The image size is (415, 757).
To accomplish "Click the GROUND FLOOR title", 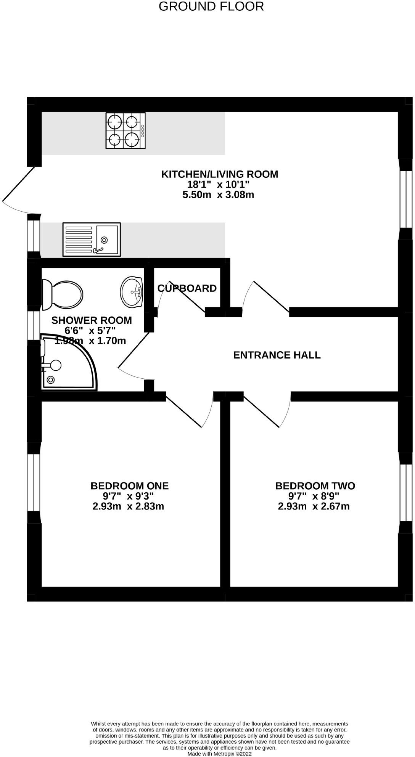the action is pos(211,6).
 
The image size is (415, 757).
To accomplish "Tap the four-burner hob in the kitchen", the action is pos(125,130).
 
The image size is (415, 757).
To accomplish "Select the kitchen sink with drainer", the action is pos(92,239).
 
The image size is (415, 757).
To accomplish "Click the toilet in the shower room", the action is pos(62,294).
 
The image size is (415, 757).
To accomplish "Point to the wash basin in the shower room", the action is pos(132,292).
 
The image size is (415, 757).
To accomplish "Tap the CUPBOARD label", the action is pos(187,288).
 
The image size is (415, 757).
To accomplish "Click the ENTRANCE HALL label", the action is pos(277,355).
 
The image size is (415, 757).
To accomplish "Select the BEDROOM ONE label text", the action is pos(130,486).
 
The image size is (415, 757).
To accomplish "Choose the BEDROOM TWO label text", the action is pos(315,486).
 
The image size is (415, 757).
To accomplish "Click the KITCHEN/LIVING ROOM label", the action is pos(220,174).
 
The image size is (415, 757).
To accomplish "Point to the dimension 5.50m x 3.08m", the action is pos(219,195).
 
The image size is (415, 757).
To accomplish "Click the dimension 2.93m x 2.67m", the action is pos(314,506).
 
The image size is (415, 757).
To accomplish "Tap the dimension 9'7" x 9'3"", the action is pos(128,496).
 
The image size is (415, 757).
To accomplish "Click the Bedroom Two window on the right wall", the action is pos(406,492).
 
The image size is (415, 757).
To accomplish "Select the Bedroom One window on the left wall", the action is pos(34,482).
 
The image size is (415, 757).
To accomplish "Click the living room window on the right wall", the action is pos(406,199).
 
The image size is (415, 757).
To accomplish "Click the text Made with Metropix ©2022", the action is pos(219,754).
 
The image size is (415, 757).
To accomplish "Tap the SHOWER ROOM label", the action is pos(92,320).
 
